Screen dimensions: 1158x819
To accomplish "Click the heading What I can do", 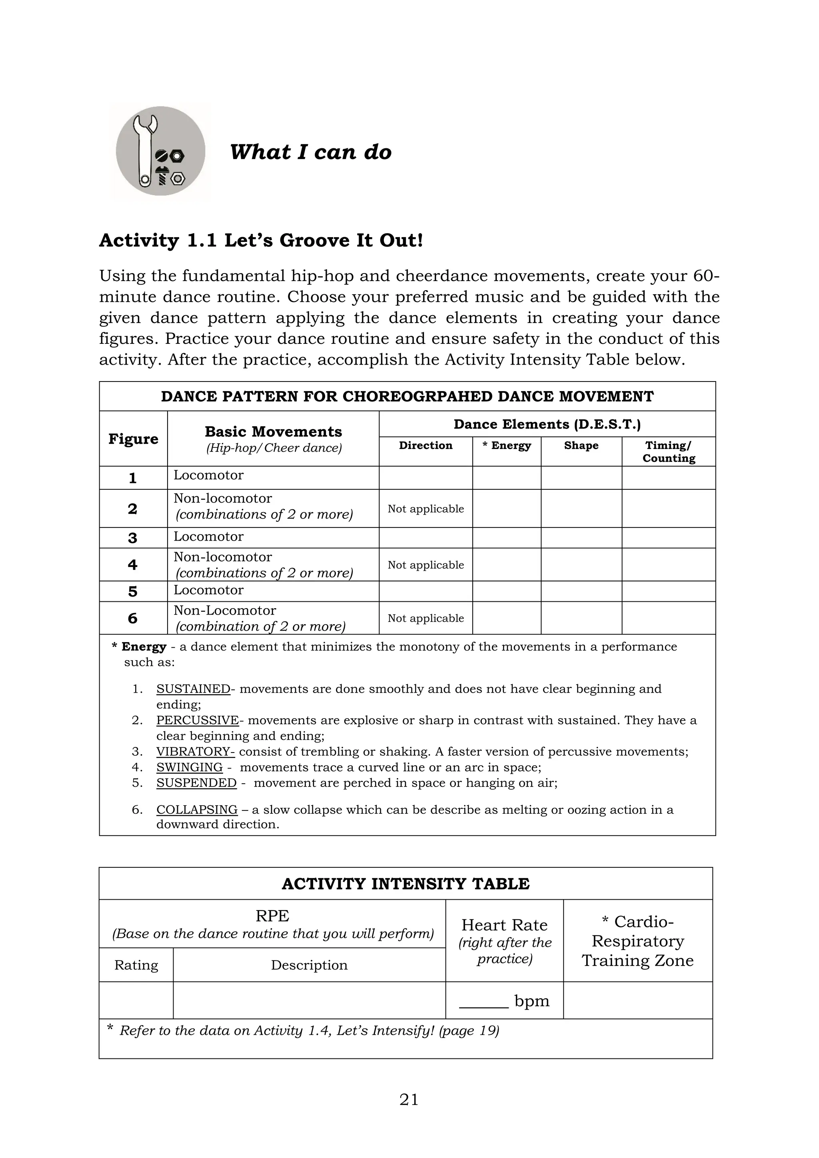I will point(310,152).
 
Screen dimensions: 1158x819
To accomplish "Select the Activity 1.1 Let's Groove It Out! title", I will point(261,241).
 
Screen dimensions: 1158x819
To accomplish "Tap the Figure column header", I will point(133,439).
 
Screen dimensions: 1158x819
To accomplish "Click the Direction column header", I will point(425,445).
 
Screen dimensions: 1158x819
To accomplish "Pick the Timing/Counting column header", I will point(668,451).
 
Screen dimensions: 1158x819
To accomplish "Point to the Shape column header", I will point(581,445).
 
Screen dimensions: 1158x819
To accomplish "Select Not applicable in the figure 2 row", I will point(425,509).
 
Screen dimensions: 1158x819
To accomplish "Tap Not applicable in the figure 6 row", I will point(425,618).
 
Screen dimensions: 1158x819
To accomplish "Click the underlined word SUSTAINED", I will point(193,689).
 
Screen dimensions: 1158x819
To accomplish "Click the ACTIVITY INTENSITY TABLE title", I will point(406,884).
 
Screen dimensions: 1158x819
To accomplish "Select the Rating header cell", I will point(136,965).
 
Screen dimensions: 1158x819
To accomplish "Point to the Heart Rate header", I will point(504,925).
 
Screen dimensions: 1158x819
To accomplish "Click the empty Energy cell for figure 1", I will point(506,477).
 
